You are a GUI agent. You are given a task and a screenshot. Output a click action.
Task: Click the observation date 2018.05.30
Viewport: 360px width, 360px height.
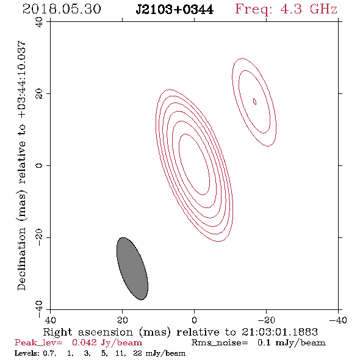point(62,9)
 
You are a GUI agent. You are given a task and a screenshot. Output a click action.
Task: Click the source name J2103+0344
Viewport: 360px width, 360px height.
point(175,9)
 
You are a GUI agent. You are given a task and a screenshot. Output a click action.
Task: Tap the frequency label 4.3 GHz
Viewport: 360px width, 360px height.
point(309,9)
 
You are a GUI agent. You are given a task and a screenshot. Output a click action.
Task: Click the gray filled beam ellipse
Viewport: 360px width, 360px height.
point(132,268)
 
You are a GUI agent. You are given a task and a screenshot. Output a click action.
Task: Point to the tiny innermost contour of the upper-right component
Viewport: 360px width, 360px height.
point(254,101)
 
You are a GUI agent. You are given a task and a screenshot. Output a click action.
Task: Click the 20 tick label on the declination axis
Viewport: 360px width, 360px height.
point(39,94)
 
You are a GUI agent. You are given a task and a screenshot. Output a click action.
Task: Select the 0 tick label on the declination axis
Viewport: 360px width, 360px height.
point(39,165)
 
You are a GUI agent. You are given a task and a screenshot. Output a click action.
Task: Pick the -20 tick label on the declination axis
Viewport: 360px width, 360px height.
point(39,237)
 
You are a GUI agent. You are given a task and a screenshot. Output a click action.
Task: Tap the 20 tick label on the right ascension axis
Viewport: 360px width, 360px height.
point(123,320)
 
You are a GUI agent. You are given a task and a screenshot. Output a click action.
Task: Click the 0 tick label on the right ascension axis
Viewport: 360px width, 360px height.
point(194,320)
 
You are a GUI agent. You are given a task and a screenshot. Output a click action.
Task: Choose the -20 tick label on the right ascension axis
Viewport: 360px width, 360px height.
point(266,320)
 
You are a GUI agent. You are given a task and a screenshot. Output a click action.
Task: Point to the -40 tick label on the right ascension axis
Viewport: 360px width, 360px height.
point(338,320)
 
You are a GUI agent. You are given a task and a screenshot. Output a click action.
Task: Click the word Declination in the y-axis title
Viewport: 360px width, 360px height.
point(21,259)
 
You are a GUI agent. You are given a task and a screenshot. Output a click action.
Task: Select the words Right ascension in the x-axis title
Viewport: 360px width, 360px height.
point(88,332)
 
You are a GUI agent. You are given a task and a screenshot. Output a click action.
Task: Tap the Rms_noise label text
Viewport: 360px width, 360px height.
point(220,343)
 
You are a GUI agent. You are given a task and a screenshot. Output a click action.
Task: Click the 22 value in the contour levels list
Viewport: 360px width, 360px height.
point(137,353)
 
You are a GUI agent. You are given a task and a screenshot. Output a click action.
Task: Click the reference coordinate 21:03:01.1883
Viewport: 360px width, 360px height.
point(279,332)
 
